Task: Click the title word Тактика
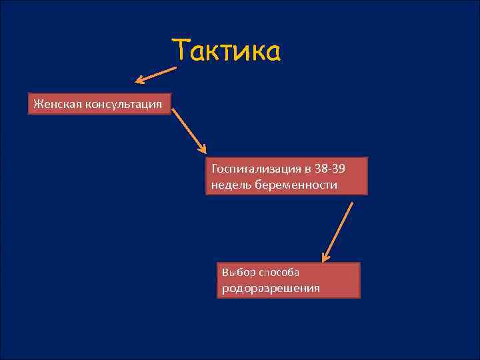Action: click(226, 51)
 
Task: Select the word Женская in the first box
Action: click(55, 103)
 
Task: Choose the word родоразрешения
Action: click(271, 288)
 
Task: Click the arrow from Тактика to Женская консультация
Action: click(157, 74)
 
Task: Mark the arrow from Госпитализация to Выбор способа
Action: click(337, 231)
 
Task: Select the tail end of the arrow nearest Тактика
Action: click(176, 67)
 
